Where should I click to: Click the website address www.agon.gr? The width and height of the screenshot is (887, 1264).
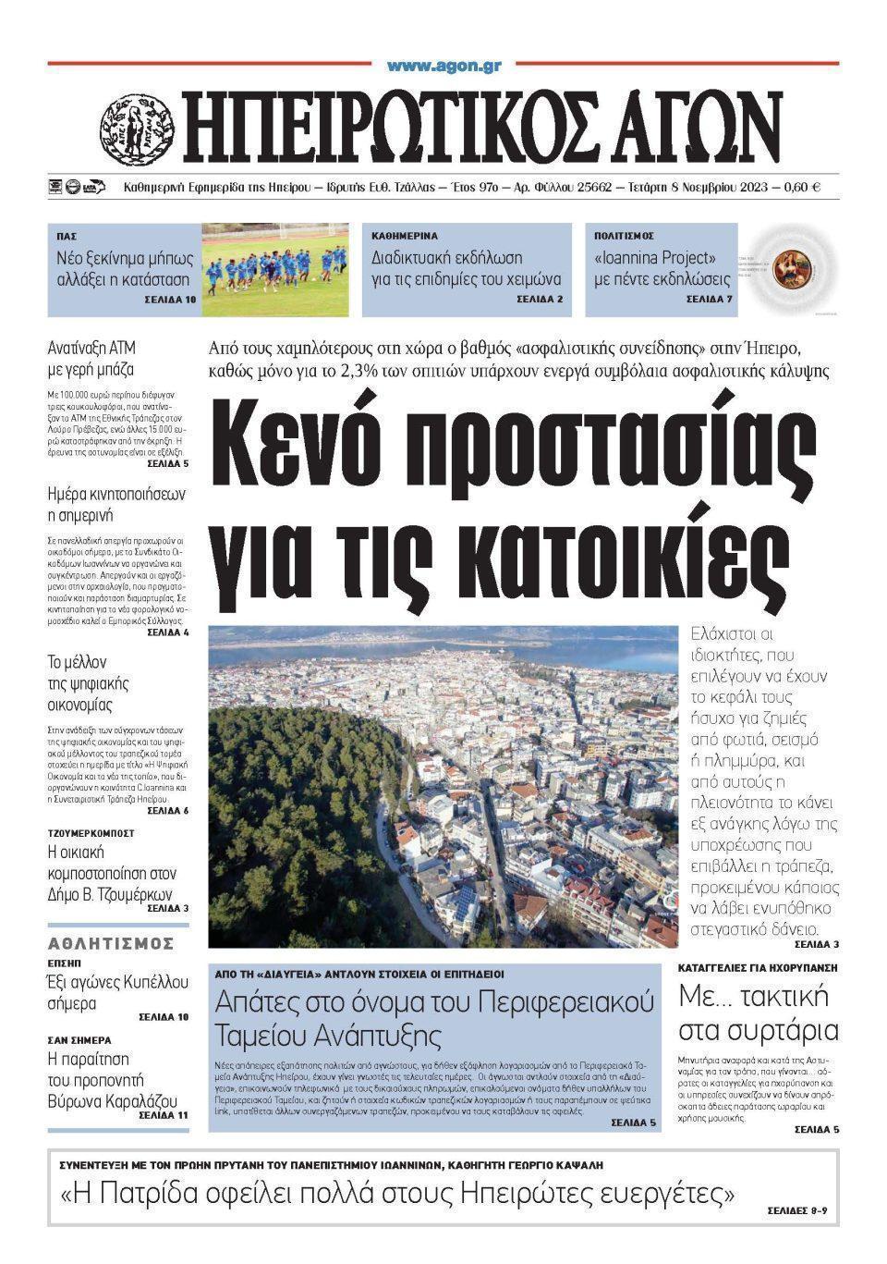pyautogui.click(x=443, y=66)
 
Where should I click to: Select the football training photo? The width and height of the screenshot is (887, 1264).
pyautogui.click(x=275, y=269)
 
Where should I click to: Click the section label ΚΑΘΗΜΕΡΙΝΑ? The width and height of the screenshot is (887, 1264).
pyautogui.click(x=404, y=237)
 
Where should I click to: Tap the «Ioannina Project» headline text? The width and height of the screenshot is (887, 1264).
pyautogui.click(x=655, y=258)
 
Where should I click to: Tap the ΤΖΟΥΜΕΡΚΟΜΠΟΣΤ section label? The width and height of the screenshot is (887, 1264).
pyautogui.click(x=91, y=833)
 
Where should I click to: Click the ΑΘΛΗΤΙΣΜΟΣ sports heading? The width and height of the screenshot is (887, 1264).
pyautogui.click(x=111, y=943)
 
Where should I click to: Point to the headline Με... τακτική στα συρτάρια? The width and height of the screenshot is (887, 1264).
pyautogui.click(x=758, y=1013)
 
